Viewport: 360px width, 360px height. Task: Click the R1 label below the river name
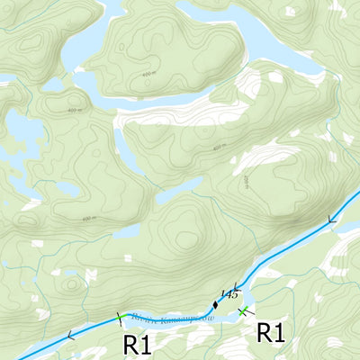click(136, 343)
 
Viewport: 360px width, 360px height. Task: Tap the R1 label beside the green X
click(271, 332)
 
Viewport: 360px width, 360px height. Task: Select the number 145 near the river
click(228, 294)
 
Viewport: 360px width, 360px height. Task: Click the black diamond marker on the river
click(215, 303)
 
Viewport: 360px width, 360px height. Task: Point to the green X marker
click(242, 311)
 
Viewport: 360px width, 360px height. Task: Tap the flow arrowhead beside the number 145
click(235, 287)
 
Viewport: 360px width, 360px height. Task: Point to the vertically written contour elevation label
click(244, 181)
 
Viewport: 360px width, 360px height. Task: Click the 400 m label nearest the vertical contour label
click(218, 148)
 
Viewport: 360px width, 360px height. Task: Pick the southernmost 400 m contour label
click(88, 219)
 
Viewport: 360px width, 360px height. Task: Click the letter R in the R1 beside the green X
click(265, 332)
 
